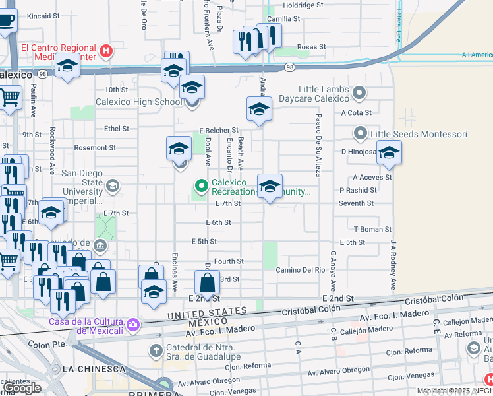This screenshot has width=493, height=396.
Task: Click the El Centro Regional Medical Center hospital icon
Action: click(105, 51)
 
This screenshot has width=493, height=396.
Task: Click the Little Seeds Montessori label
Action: click(419, 134)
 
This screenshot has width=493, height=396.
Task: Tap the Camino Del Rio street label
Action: click(301, 270)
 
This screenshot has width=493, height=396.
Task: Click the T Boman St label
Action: click(372, 229)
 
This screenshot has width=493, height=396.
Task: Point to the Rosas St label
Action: click(311, 47)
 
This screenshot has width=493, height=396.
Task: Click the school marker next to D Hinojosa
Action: click(389, 154)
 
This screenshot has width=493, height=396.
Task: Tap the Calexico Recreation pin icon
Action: click(202, 185)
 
